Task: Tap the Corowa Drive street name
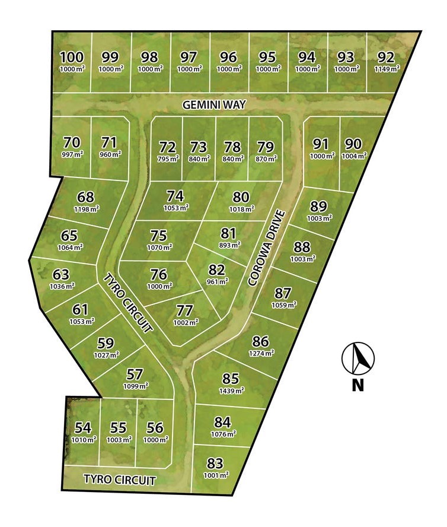267,247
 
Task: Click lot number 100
72,58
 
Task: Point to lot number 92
386,58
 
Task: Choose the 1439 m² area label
231,390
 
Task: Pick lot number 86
261,342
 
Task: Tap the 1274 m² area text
261,353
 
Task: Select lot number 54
83,428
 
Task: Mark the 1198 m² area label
86,208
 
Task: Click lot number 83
215,463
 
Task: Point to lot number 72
168,147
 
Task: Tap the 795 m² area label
168,158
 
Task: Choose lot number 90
353,144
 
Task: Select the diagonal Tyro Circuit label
129,302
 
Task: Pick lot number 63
62,275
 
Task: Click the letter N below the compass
357,385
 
